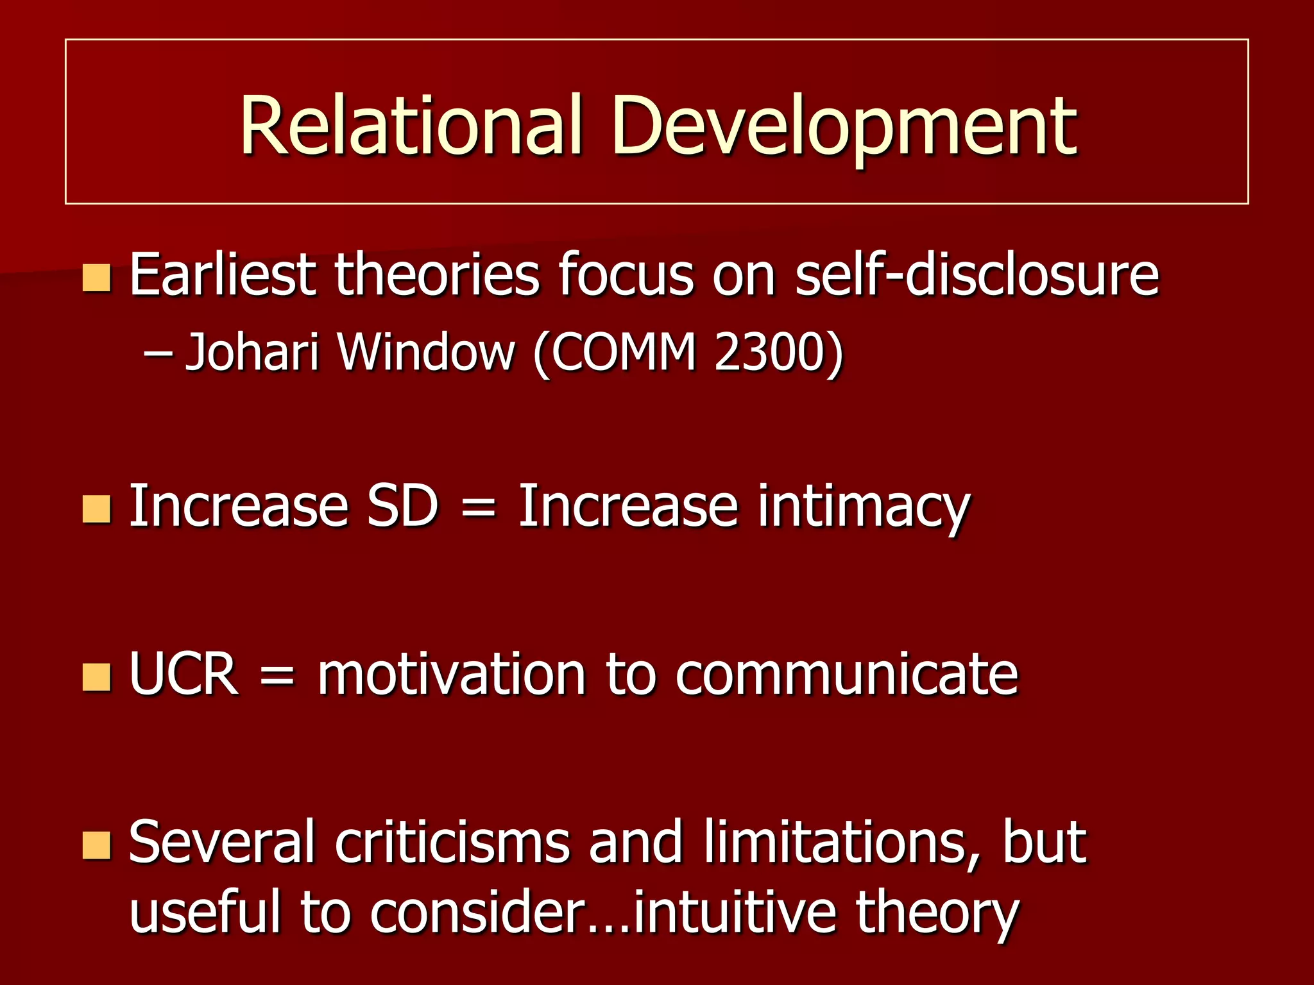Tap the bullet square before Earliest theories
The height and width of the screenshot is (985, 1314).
click(97, 278)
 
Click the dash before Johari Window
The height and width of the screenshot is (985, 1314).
click(155, 353)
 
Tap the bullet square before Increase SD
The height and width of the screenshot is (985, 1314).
click(97, 509)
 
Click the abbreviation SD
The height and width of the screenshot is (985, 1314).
click(402, 507)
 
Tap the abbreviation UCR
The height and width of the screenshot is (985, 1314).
click(183, 674)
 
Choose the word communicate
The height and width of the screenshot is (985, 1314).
click(846, 674)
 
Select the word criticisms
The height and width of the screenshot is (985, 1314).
click(452, 841)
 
